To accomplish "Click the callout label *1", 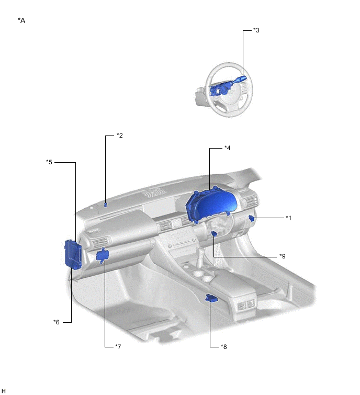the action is [288, 218].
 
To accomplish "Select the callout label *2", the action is [120, 136].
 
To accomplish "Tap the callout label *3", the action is [256, 30].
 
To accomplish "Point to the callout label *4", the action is [228, 148].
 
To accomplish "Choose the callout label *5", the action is [49, 162].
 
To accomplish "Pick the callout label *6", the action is [57, 322].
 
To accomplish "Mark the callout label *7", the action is [118, 347].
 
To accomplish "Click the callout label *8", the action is [224, 347].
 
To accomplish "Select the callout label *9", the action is [283, 256].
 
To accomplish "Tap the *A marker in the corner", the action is [21, 20].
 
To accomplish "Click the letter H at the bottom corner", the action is [3, 391].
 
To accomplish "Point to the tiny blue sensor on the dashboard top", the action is [106, 205].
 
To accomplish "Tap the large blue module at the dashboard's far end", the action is [73, 254].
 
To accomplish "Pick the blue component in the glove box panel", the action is [102, 255].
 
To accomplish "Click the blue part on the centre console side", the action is [211, 298].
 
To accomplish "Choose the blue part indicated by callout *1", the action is [251, 218].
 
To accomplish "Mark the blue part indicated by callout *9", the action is [215, 234].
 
